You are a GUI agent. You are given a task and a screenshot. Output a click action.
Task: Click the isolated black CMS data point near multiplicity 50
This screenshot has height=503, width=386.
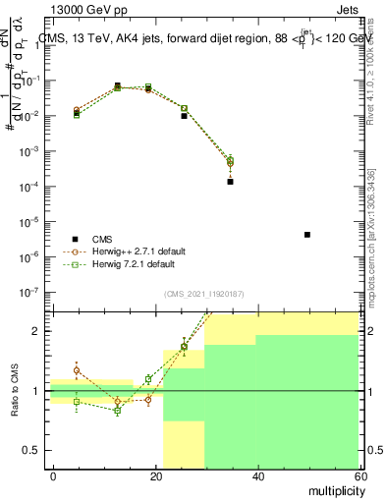tap(307, 235)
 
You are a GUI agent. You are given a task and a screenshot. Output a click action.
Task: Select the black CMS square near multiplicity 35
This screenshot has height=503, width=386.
tap(230, 182)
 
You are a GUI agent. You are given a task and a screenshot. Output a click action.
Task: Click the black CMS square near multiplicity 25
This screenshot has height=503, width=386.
tap(184, 116)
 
